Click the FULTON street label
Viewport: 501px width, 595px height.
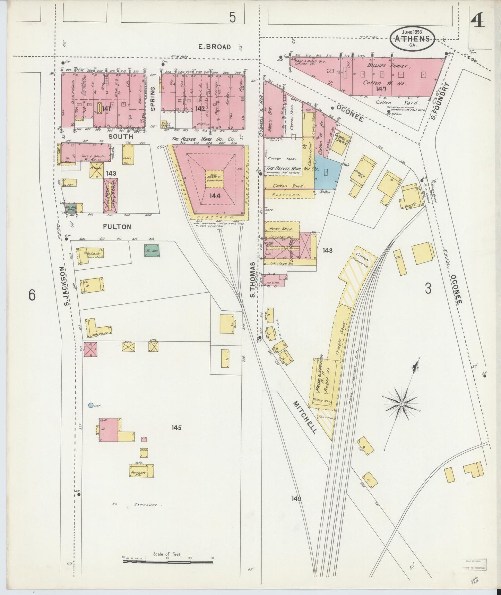click(117, 227)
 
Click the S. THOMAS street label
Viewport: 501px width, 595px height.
click(253, 280)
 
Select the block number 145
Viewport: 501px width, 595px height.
click(176, 428)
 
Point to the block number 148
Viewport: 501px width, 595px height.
click(327, 250)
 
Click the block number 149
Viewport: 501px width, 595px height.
click(296, 499)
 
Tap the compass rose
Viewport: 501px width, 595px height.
click(401, 404)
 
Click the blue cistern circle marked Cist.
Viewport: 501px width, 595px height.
click(90, 405)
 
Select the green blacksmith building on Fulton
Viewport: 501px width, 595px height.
click(152, 250)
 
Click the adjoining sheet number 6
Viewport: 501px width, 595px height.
click(32, 295)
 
